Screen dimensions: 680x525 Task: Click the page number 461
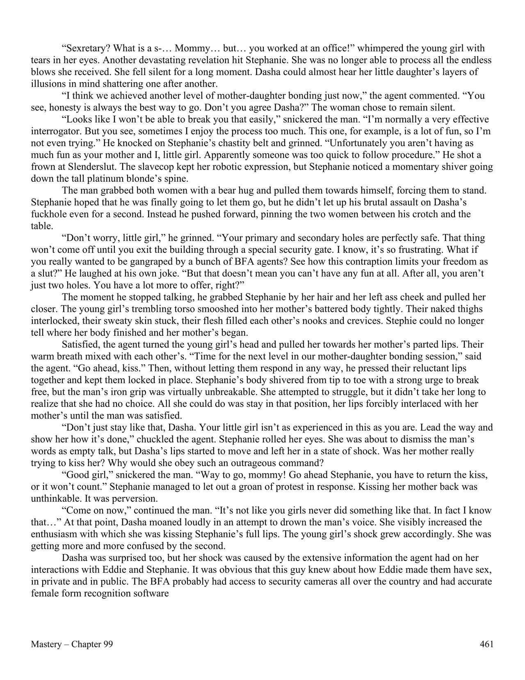486,644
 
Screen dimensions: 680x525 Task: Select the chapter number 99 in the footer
108,644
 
